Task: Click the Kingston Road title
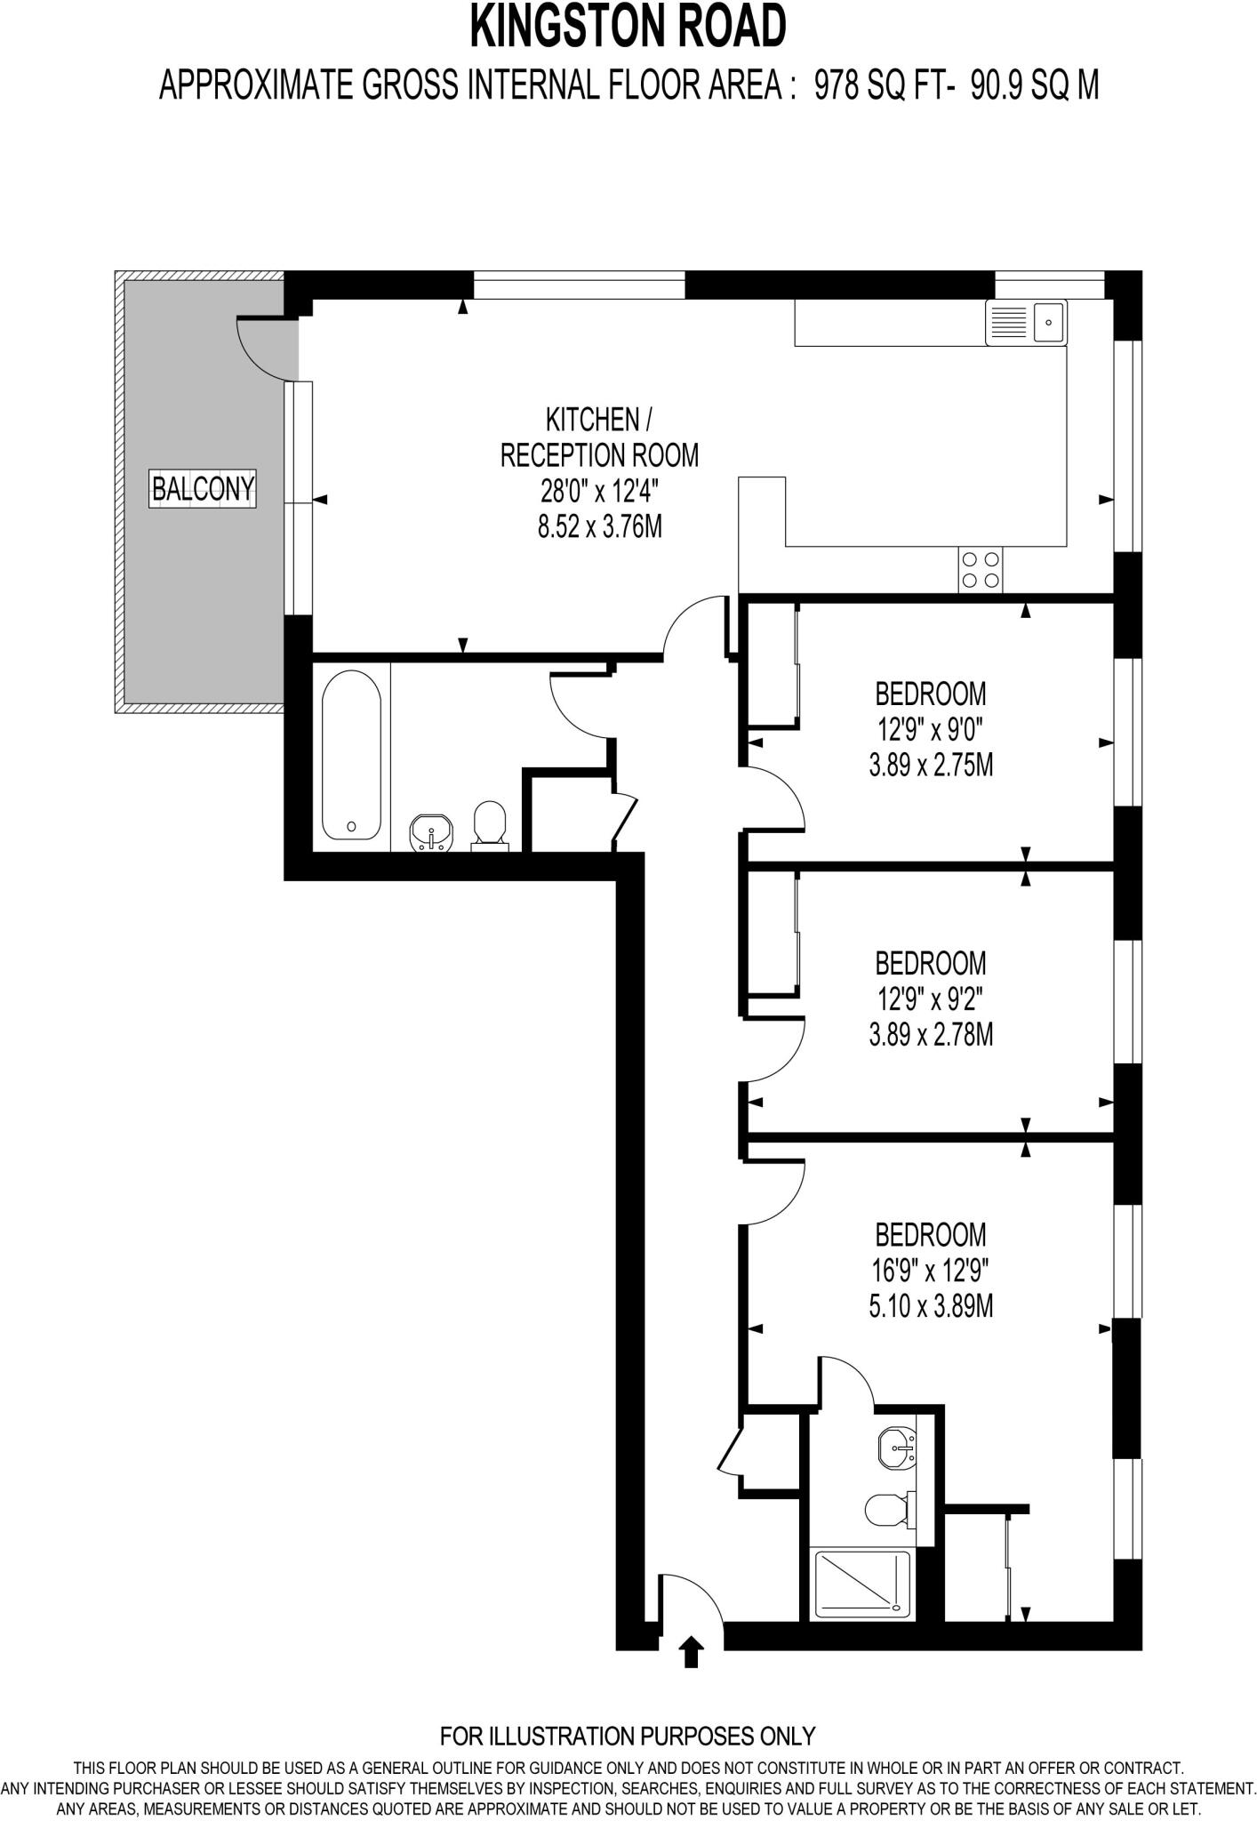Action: [628, 28]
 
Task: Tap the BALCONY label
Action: [204, 488]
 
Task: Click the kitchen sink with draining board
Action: [1025, 322]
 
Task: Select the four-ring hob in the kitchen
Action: [981, 570]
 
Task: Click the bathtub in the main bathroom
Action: [351, 755]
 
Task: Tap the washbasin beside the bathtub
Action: [432, 833]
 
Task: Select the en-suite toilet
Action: [885, 1509]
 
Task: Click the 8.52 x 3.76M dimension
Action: [599, 526]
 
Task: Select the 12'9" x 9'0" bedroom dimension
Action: [931, 730]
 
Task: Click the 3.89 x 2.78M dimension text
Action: [931, 1034]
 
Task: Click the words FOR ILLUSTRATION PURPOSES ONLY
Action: [628, 1735]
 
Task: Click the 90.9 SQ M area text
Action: [1034, 86]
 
